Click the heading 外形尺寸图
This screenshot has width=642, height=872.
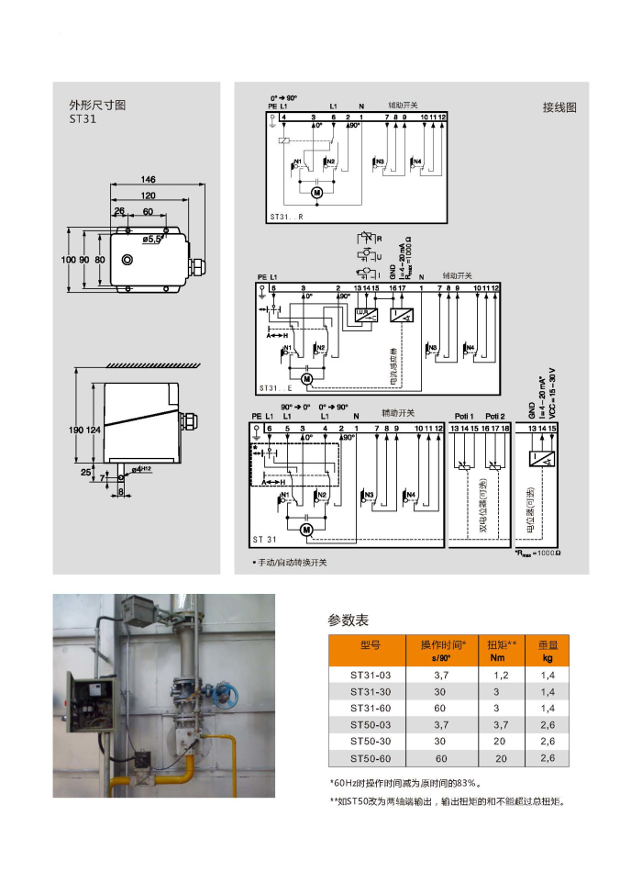(98, 105)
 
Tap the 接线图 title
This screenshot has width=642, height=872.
(559, 106)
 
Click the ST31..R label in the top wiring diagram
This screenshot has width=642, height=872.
(286, 217)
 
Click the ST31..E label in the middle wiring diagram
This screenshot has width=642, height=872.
(274, 389)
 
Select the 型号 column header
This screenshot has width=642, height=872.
(371, 645)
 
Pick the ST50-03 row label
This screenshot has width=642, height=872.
(371, 725)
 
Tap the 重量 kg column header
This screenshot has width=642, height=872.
(548, 651)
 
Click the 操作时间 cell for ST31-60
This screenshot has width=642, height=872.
(440, 708)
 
